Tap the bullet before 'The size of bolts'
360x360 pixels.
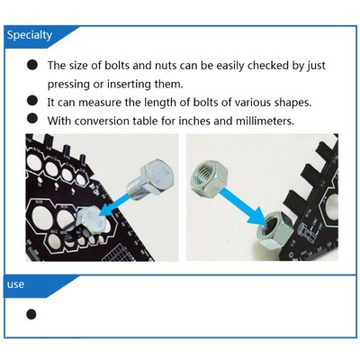(x=32, y=65)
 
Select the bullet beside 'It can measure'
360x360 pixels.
(x=32, y=101)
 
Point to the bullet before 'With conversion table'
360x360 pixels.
(x=32, y=118)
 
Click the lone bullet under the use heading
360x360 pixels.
(x=31, y=314)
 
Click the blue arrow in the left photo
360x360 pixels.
(x=115, y=205)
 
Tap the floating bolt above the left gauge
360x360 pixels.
(x=151, y=180)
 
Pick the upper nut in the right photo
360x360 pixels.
(x=210, y=180)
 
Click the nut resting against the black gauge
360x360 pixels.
(x=274, y=229)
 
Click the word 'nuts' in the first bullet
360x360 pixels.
(x=166, y=66)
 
